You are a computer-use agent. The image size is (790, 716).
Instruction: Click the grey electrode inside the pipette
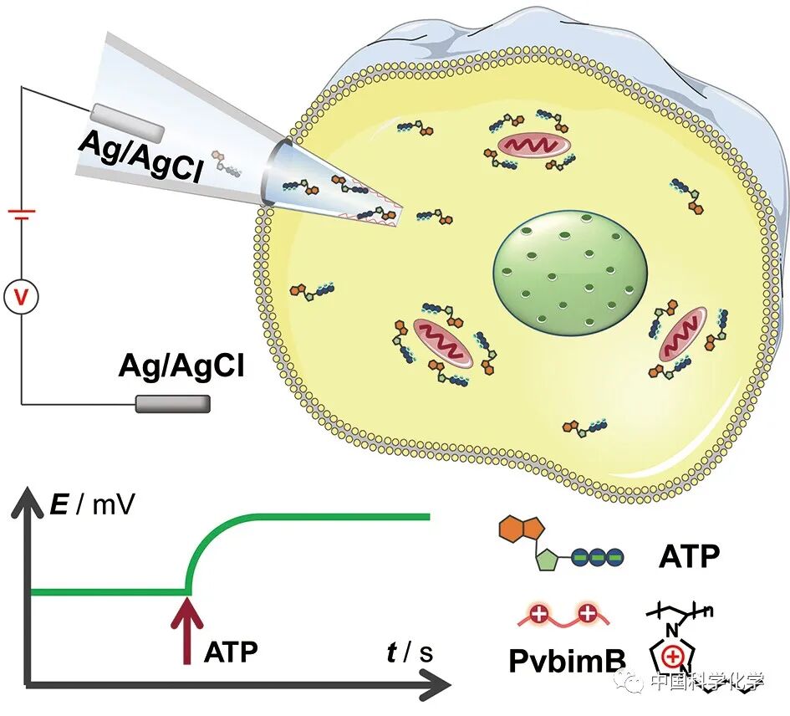(127, 122)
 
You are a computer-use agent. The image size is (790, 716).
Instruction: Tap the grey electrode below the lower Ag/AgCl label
(173, 404)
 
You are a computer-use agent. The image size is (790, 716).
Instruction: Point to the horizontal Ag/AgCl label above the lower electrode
(181, 366)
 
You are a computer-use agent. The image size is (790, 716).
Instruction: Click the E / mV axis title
(94, 504)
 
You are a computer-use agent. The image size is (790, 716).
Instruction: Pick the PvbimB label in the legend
(567, 661)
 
